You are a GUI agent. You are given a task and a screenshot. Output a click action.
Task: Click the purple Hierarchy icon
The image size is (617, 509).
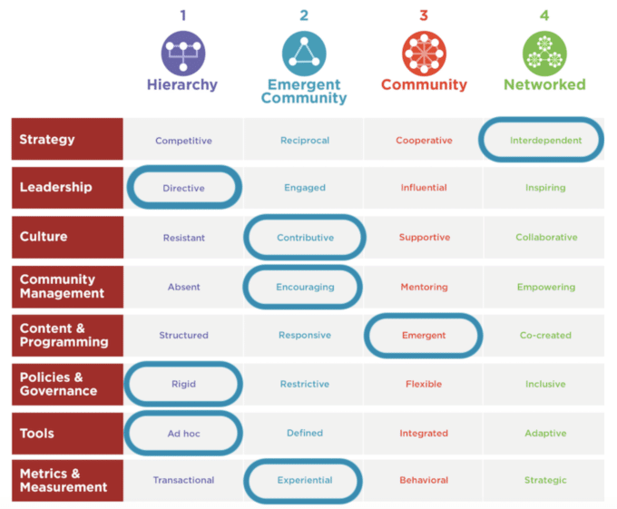[x=183, y=52]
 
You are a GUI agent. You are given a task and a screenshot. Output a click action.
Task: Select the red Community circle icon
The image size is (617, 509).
[x=424, y=52]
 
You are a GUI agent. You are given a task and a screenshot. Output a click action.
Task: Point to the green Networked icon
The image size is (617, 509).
[x=544, y=52]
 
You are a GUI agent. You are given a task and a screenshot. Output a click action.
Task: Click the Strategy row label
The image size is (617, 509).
[x=67, y=140]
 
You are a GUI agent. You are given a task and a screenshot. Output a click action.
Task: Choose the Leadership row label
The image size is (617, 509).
[x=67, y=188]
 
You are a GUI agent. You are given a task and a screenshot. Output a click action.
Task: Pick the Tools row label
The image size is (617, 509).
[x=67, y=434]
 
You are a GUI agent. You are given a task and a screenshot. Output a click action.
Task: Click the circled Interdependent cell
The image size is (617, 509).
[x=544, y=141]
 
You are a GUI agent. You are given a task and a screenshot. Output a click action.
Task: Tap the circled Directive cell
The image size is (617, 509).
[x=183, y=189]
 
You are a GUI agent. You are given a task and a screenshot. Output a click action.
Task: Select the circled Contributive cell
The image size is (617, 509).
[x=305, y=238]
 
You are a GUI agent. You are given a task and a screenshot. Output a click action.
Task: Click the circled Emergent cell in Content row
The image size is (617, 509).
[x=424, y=336]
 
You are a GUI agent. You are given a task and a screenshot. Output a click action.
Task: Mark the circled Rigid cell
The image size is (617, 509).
[x=183, y=385]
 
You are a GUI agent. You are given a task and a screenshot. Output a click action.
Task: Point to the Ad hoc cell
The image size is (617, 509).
[x=183, y=434]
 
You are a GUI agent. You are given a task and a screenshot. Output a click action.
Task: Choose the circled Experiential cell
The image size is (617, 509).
[x=305, y=480]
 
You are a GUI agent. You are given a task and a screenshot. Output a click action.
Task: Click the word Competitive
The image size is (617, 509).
[x=183, y=141]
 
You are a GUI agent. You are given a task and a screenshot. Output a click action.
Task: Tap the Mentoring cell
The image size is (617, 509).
[x=424, y=288]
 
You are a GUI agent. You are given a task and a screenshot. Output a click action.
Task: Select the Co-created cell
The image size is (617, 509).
[x=545, y=336]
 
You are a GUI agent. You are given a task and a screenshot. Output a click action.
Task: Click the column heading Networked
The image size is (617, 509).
[x=544, y=85]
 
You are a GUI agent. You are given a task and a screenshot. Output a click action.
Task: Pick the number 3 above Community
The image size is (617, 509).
[x=424, y=15]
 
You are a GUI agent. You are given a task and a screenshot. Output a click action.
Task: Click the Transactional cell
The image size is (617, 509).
[x=183, y=480]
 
